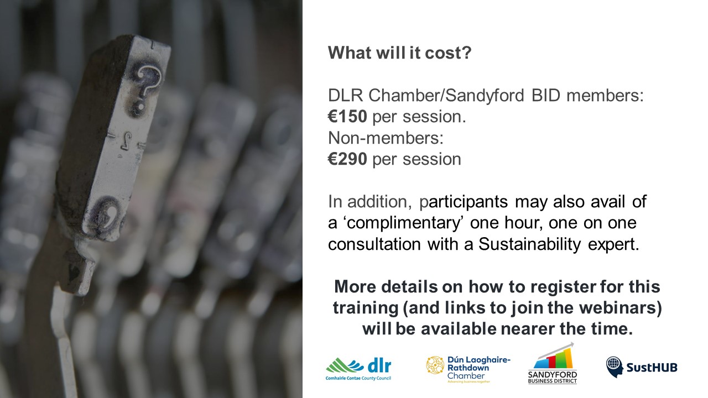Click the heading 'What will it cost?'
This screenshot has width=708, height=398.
pos(399,53)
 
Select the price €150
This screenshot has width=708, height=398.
pos(347,116)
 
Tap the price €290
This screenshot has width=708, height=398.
pos(347,159)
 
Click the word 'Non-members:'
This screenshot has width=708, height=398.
pos(386,138)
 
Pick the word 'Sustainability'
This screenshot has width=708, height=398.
pos(529,244)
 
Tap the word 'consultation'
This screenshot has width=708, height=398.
pos(374,244)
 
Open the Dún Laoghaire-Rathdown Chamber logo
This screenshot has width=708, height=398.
pos(468,369)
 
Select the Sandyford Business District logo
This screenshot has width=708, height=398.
pos(553,363)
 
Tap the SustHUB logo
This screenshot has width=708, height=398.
pos(642,367)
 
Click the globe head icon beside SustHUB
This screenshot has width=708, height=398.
pos(614,367)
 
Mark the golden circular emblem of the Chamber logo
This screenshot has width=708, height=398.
pos(435,365)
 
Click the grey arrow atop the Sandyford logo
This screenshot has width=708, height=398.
pos(556,350)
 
